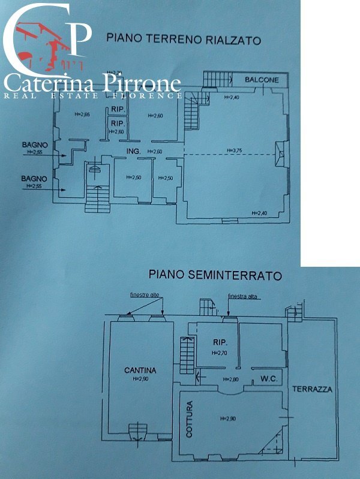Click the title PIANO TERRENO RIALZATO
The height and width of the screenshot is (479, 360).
click(183, 39)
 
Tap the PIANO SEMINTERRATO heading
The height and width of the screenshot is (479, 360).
click(214, 276)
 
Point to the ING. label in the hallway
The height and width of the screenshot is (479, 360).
click(133, 152)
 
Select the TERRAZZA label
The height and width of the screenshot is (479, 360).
click(312, 389)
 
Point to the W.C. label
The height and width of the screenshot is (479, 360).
click(268, 378)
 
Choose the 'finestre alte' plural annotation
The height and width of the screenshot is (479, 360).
click(146, 295)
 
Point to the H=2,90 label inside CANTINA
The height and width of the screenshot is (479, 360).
click(140, 379)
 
